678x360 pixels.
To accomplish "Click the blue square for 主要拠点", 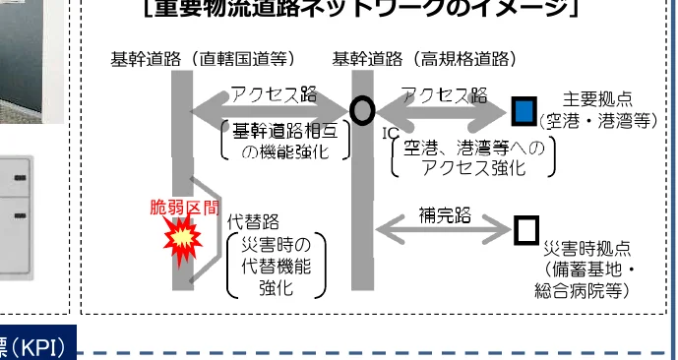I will [x=524, y=108].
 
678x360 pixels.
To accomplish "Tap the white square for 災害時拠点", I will [x=526, y=229].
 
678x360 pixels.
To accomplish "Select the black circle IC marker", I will [x=362, y=110].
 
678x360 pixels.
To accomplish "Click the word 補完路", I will [x=445, y=212].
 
